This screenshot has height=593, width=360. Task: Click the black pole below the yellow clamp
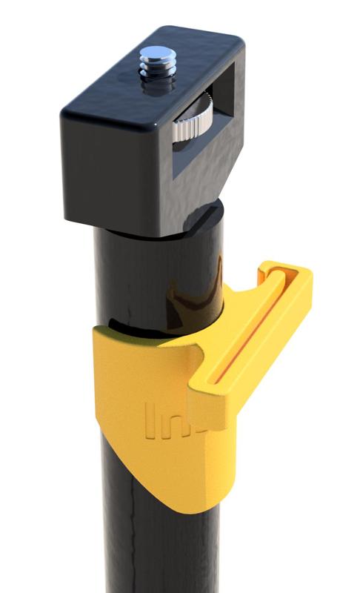click(133, 549)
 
